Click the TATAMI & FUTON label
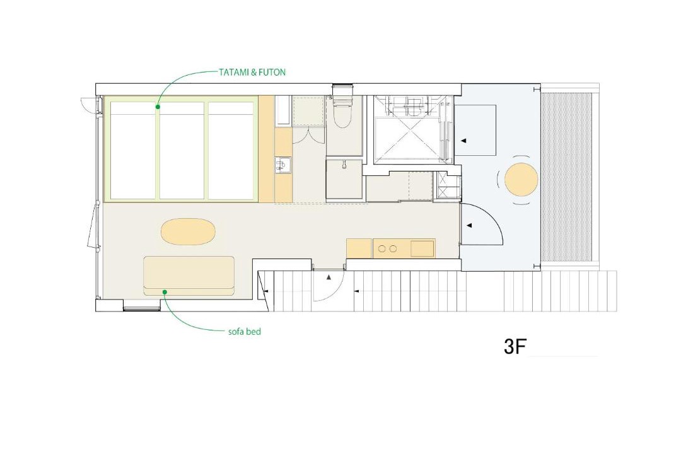[x=252, y=72]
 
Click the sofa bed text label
[x=245, y=332]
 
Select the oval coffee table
[x=188, y=231]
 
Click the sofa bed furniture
[x=189, y=276]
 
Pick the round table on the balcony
[x=521, y=179]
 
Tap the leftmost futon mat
[x=132, y=150]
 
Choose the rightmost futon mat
[x=231, y=150]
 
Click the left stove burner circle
[x=381, y=249]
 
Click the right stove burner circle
[x=393, y=249]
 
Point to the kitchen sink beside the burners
[x=422, y=249]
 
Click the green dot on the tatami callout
[x=158, y=107]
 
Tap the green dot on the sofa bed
[x=165, y=292]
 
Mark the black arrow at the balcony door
[x=470, y=226]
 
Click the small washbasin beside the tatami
[x=283, y=166]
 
